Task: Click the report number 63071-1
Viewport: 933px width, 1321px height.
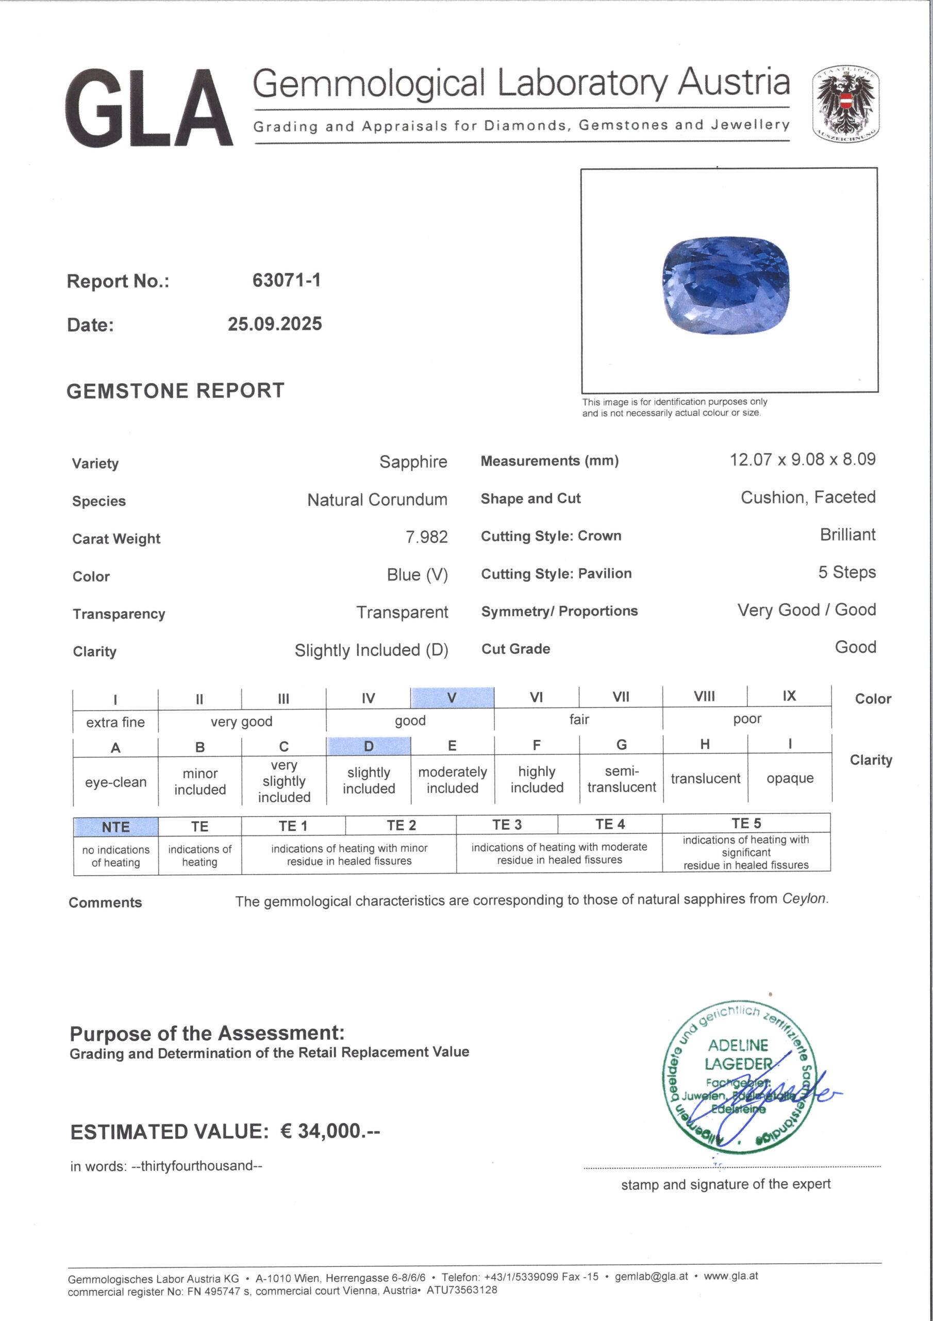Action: pos(286,280)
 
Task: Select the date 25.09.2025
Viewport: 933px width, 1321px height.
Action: pos(275,324)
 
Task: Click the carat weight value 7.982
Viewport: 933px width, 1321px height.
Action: pos(426,537)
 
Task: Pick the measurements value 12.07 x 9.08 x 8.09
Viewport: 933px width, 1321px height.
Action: pos(803,460)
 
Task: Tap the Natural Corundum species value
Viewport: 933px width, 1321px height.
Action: pos(377,500)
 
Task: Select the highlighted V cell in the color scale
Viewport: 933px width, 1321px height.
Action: pos(452,698)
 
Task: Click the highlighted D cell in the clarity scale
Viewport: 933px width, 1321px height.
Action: pos(369,746)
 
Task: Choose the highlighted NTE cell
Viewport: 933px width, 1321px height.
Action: pos(115,827)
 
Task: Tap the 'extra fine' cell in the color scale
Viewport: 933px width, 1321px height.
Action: pos(115,722)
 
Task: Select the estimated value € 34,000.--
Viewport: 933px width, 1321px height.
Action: pos(330,1131)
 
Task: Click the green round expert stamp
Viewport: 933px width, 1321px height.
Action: pos(738,1077)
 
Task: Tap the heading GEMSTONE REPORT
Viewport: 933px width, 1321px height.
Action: pos(175,391)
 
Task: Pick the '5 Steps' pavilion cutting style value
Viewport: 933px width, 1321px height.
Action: pos(847,572)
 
